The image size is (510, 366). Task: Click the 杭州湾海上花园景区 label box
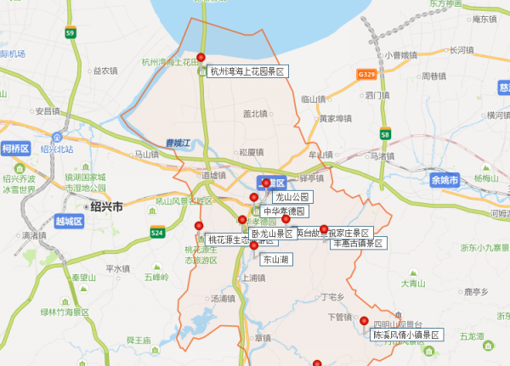248,72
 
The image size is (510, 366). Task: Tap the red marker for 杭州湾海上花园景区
201,58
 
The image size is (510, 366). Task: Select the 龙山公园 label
286,197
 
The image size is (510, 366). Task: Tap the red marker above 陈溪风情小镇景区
365,321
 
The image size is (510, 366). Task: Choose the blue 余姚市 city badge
444,180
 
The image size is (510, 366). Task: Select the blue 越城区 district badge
68,222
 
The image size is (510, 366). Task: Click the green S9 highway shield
70,33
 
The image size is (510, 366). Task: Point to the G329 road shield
367,75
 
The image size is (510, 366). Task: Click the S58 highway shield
385,134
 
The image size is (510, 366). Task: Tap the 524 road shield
157,232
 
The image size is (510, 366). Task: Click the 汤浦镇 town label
223,299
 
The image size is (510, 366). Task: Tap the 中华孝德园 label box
283,211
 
